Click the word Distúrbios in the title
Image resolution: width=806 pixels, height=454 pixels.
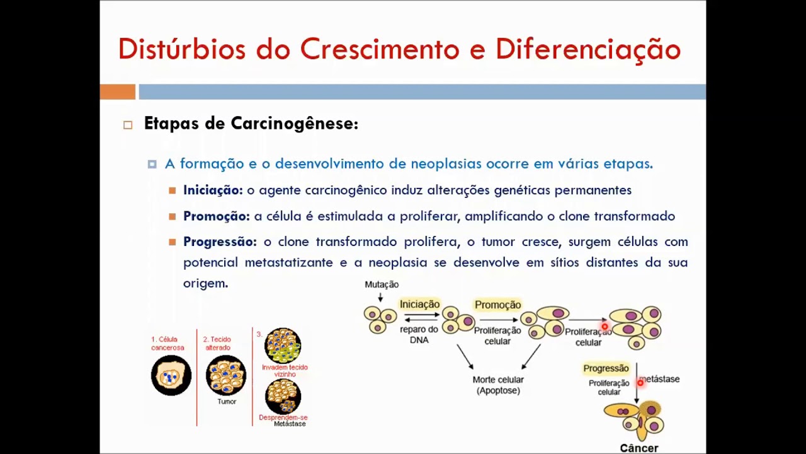point(181,49)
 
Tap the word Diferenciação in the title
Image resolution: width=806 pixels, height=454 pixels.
point(588,49)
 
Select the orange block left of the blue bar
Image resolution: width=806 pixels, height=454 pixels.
point(117,92)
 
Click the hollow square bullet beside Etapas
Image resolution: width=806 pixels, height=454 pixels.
point(128,125)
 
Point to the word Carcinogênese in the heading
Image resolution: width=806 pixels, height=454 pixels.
point(294,124)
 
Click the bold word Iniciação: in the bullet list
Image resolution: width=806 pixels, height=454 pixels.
point(212,190)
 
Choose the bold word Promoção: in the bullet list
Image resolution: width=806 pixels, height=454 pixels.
point(216,216)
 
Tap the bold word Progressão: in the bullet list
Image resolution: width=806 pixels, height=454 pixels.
point(220,242)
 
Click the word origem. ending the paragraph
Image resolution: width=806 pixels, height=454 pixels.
point(205,283)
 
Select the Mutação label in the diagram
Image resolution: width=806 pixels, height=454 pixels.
point(382,284)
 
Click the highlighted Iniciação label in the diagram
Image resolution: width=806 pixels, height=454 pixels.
point(419,305)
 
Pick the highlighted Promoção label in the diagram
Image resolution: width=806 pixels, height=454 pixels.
point(497,305)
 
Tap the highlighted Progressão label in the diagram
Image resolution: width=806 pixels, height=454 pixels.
point(606,368)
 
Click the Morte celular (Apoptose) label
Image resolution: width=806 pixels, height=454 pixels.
point(498,385)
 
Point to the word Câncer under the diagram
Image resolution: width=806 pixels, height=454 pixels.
point(639,448)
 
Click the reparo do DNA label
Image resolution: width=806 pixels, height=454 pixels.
point(419,334)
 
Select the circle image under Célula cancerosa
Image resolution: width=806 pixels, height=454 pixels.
point(171,376)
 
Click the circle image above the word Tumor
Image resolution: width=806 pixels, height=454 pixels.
point(226,375)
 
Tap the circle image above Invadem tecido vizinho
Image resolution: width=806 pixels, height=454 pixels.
point(283,345)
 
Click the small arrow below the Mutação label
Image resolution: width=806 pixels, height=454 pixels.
point(380,297)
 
